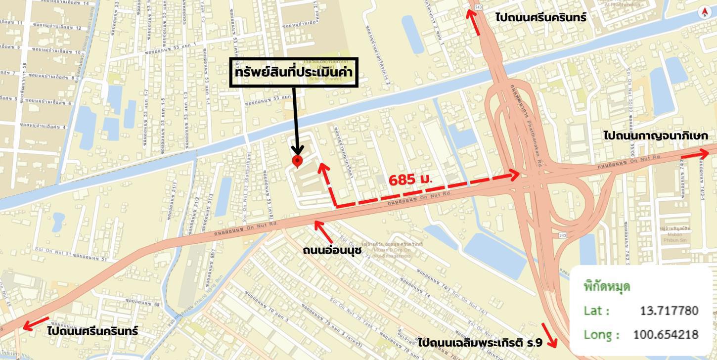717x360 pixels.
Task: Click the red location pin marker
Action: (297, 161)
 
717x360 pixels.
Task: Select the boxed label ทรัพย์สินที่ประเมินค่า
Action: (294, 72)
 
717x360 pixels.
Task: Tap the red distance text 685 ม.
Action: (410, 180)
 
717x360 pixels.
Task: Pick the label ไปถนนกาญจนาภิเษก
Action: (655, 135)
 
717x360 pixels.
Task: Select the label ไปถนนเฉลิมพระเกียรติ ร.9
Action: (479, 342)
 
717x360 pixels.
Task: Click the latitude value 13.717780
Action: (669, 311)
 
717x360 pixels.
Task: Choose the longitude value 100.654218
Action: (666, 334)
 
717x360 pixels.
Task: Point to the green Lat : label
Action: (596, 311)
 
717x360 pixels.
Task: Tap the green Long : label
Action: (601, 334)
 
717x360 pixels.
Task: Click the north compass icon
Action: (704, 13)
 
